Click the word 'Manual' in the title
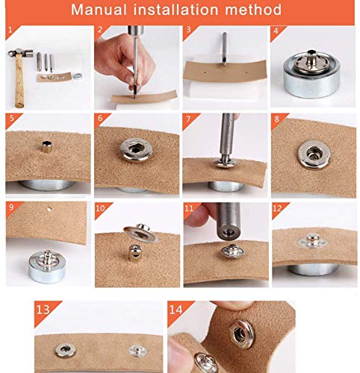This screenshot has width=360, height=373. [x=99, y=10]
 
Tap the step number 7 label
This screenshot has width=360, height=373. [x=188, y=119]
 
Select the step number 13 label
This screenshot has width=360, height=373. [x=43, y=310]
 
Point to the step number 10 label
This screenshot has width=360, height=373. [x=100, y=208]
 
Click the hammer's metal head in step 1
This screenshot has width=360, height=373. [x=20, y=53]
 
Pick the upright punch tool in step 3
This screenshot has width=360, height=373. [x=224, y=48]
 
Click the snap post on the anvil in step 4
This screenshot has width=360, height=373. [x=311, y=61]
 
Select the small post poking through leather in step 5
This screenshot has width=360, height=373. [x=47, y=146]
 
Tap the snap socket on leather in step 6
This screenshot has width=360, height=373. [x=136, y=150]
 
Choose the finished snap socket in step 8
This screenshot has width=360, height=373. [x=314, y=154]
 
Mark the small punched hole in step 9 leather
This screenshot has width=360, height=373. [x=49, y=210]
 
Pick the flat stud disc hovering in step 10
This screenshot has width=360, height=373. [x=141, y=233]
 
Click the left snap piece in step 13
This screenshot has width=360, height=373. [x=65, y=350]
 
